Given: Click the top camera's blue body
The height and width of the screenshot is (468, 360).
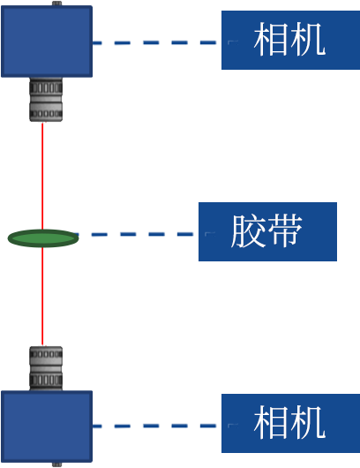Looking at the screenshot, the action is coord(47,42).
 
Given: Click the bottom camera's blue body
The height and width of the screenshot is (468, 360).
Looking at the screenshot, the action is coord(47,426).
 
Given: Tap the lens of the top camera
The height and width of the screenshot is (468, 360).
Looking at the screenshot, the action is coord(46,100).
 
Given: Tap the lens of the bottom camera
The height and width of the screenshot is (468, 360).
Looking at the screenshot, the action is coord(46,368).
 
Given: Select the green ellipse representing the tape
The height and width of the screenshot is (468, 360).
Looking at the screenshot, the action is coord(43,238).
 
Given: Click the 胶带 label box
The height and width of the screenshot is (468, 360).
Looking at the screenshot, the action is coord(268,231).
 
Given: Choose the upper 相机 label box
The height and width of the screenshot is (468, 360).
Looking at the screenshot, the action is coord(291,40).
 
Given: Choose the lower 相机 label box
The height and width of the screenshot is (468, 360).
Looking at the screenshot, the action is coord(291,423).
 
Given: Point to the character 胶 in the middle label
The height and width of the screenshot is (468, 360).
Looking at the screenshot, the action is coord(248,231).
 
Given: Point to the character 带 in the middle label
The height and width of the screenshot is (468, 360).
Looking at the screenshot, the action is coord(285,231).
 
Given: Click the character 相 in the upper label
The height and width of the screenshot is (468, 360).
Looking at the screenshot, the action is coord(271,40).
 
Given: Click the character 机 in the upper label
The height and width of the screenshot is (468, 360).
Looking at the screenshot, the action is coord(309,40).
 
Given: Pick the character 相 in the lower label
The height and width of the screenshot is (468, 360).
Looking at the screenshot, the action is coord(271,423).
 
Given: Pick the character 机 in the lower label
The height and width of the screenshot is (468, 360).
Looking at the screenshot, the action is coord(309,423).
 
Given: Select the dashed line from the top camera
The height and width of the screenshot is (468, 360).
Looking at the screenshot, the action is coord(154,42).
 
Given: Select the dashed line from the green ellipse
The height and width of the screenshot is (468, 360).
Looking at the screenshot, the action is coord(136,234).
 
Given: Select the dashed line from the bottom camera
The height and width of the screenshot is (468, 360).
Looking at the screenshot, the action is coord(154,426).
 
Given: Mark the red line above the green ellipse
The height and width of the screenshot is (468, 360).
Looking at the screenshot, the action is coord(42,176).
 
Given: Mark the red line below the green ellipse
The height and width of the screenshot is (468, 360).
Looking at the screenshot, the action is coord(42,297).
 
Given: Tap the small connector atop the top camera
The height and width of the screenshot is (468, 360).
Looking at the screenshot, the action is coord(57,4).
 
